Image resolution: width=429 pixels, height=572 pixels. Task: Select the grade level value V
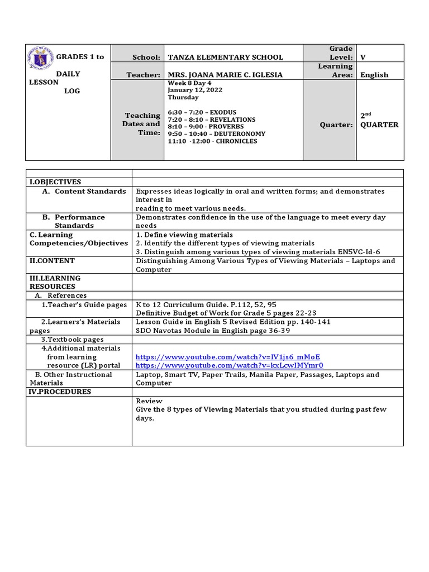coord(363,57)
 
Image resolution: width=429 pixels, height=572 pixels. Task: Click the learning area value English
coord(374,75)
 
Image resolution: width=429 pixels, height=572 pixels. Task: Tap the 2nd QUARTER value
coord(379,120)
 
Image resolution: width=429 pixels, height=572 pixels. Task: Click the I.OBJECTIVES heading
coord(55,182)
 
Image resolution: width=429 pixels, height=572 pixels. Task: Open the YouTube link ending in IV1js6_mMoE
coord(228,357)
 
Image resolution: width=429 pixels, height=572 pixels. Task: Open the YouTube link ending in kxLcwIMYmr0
coord(229,365)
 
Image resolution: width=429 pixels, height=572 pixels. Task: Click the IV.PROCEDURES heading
coord(60,392)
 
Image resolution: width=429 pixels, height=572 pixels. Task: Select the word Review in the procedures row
coord(149,401)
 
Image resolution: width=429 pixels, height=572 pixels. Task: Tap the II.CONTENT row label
coord(52,261)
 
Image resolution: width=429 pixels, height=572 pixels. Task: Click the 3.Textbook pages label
coord(72,340)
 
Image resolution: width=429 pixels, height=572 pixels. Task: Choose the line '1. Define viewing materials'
coord(184,235)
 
